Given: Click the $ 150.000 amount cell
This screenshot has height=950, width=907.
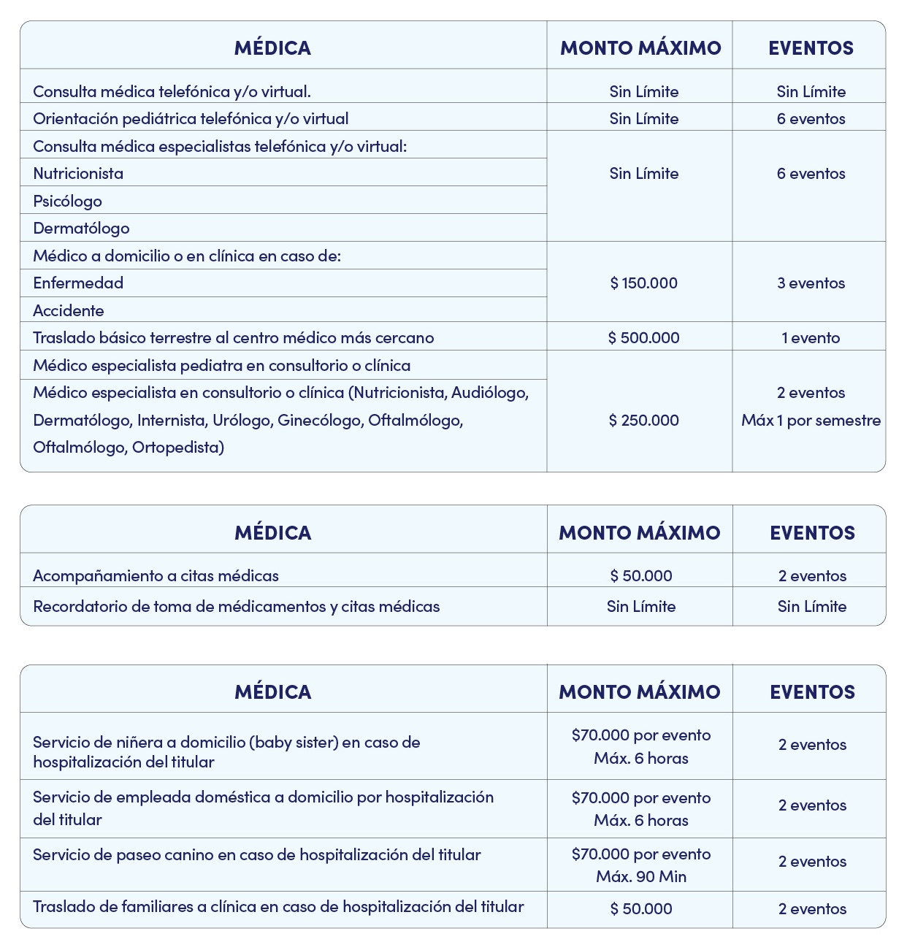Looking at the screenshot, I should [643, 283].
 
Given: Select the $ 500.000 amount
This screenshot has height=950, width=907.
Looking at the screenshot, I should [643, 338].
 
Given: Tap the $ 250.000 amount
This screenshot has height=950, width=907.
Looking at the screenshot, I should [643, 421].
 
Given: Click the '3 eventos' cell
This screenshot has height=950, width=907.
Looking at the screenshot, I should [811, 283].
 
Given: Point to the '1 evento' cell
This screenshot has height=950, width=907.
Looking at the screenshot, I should [811, 338].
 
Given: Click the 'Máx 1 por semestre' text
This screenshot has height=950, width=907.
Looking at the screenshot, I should [811, 421].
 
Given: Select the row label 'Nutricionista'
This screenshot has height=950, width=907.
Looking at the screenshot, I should [78, 174].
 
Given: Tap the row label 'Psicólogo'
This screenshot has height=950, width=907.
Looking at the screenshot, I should [67, 202].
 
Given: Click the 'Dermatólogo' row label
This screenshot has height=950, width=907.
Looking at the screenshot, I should [81, 229].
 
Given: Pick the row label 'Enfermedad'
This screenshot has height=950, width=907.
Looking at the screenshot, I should [78, 283].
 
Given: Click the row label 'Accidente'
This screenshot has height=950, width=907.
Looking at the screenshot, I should [69, 311].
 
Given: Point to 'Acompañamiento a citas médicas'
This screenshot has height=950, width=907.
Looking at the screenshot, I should [156, 576].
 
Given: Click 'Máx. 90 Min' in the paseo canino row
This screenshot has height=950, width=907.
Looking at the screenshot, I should [641, 877].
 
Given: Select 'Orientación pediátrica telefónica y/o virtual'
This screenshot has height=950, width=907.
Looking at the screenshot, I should [191, 119].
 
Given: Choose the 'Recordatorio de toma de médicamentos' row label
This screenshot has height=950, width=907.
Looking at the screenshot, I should [236, 607].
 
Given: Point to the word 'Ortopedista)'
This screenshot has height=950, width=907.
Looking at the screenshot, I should [178, 448].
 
